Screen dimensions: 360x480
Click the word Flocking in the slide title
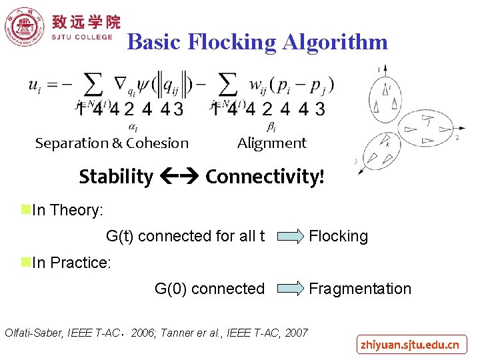[x=231, y=42]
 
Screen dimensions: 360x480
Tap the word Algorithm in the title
[x=335, y=42]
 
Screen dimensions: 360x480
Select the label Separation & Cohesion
[x=112, y=143]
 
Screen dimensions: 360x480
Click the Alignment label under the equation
[x=271, y=143]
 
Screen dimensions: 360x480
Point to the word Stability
[x=115, y=177]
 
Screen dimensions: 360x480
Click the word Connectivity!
[x=265, y=177]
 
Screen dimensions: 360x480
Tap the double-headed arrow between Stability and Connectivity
[x=179, y=177]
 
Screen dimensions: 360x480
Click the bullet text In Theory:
[x=67, y=210]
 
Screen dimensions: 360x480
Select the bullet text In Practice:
[x=71, y=263]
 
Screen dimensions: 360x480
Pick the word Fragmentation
[x=359, y=289]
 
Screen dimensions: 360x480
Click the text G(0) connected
[x=209, y=289]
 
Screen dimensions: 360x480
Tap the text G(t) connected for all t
[x=185, y=236]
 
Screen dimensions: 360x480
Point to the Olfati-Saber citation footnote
[x=156, y=332]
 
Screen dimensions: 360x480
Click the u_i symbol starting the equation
[x=34, y=85]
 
